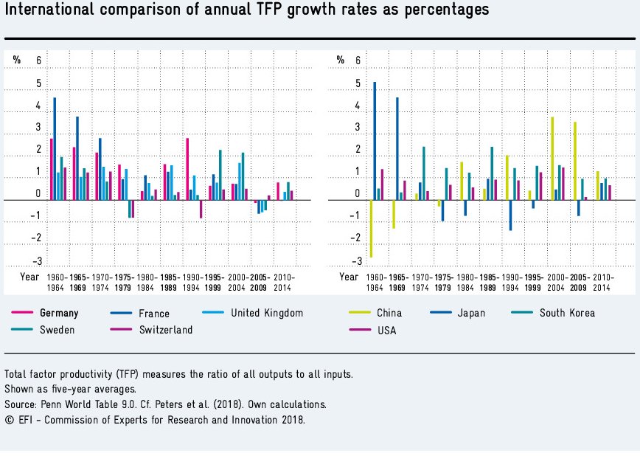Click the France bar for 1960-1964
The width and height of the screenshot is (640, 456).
click(55, 148)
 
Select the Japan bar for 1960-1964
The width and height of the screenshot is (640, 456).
click(375, 140)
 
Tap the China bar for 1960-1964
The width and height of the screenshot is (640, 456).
click(370, 228)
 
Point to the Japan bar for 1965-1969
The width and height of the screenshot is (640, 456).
click(397, 148)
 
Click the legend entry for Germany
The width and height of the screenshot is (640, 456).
click(59, 313)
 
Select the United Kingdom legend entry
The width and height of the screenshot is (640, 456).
click(266, 313)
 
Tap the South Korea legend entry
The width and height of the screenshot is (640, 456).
click(567, 313)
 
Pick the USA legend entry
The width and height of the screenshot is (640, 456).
click(386, 331)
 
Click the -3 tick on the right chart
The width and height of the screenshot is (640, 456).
click(357, 262)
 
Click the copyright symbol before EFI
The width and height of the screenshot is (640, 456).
click(9, 421)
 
